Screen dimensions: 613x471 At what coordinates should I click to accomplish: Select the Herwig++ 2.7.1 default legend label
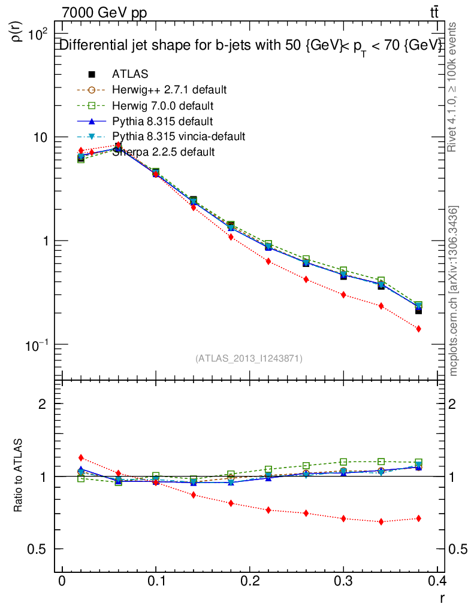(169, 90)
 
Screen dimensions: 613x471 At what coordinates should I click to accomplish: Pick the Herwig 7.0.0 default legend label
(163, 105)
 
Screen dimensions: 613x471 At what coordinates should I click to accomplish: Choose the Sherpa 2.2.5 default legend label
(163, 152)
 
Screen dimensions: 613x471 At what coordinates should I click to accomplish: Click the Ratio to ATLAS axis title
(19, 476)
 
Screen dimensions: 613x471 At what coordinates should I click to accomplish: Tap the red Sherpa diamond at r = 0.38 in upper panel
(418, 329)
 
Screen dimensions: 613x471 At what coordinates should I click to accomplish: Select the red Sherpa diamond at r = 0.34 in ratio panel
(381, 521)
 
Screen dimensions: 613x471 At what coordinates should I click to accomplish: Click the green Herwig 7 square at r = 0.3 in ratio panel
(343, 462)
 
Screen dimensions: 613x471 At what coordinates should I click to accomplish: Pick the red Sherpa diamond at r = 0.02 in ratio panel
(81, 458)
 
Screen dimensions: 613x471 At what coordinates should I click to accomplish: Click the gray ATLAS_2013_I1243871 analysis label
(249, 359)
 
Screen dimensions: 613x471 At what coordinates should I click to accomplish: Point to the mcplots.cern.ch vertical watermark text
(454, 290)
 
